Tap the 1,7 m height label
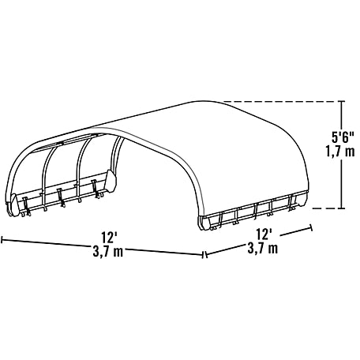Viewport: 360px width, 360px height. tap(340, 152)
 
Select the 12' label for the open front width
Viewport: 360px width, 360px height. tap(109, 237)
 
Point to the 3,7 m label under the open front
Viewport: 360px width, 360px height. tap(108, 251)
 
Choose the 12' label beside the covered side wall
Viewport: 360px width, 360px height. tap(264, 234)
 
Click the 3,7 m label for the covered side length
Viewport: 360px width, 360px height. tap(263, 248)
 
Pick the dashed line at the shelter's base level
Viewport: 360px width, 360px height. tap(325, 208)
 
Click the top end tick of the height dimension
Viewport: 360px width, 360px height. tap(342, 101)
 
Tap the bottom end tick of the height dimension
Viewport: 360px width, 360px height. tap(342, 208)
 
